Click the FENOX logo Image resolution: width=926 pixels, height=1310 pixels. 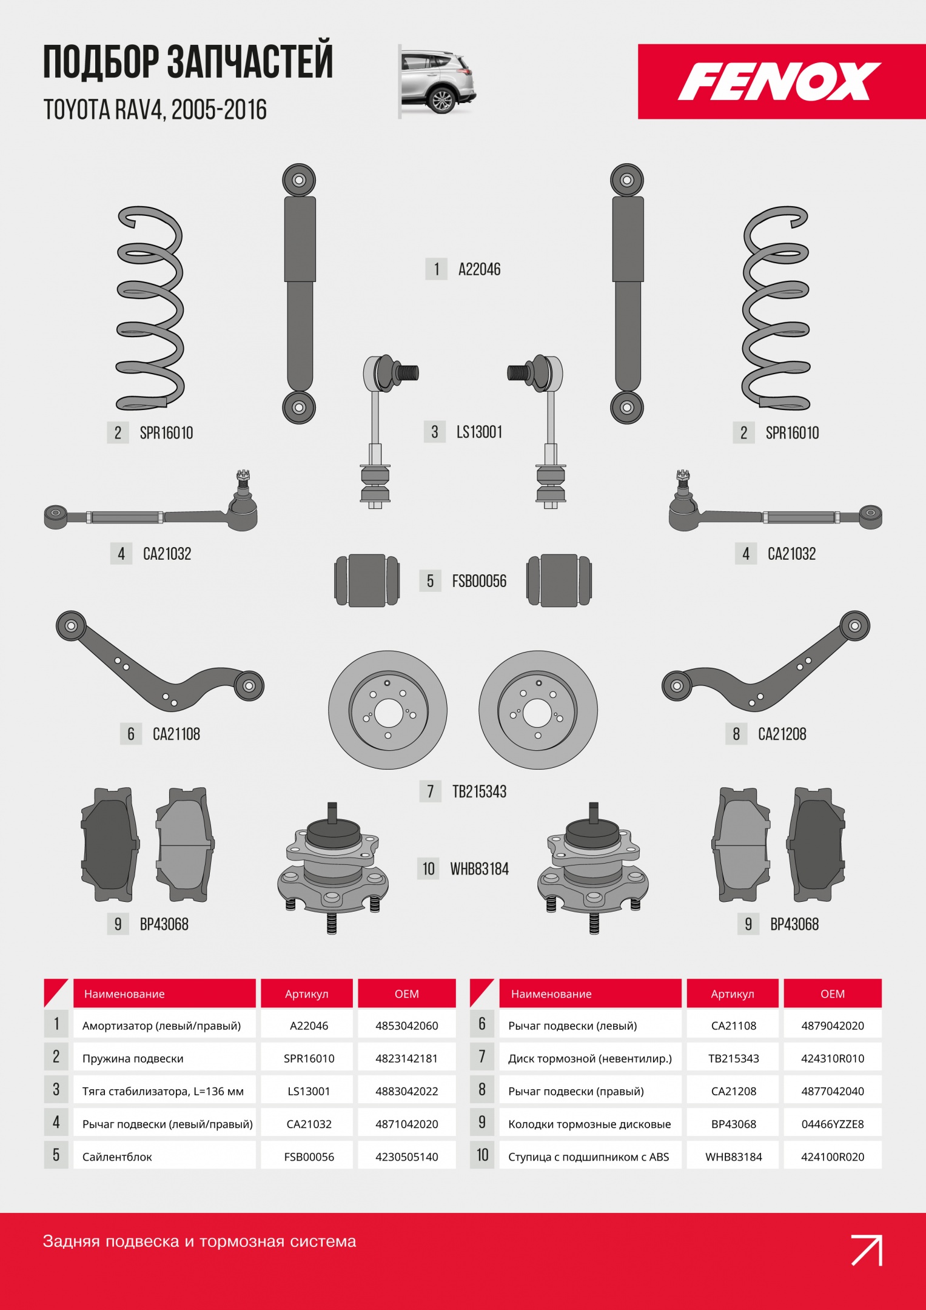tap(779, 81)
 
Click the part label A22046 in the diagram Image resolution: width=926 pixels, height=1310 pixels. tap(479, 269)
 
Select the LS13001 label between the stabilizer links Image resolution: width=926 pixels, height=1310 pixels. tap(479, 432)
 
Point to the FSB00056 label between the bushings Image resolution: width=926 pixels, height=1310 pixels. tap(479, 581)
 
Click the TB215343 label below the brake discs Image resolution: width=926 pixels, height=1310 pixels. tap(479, 791)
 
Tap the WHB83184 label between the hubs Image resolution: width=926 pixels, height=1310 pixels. tap(479, 869)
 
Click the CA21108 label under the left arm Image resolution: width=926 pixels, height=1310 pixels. tap(176, 734)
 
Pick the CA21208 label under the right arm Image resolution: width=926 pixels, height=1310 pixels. tap(782, 734)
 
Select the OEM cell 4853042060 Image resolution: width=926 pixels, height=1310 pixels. tap(407, 1026)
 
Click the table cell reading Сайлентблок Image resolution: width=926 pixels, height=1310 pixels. tap(117, 1157)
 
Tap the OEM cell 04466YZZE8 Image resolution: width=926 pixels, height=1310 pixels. tap(833, 1124)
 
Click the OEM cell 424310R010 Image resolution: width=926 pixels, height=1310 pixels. tap(833, 1058)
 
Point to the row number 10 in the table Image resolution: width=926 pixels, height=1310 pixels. tap(482, 1155)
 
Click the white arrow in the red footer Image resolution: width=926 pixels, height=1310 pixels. tap(867, 1250)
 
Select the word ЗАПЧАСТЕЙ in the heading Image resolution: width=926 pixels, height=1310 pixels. tap(250, 61)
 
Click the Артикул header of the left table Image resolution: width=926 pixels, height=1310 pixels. tap(307, 994)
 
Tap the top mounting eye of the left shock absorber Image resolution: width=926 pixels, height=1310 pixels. tap(299, 180)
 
